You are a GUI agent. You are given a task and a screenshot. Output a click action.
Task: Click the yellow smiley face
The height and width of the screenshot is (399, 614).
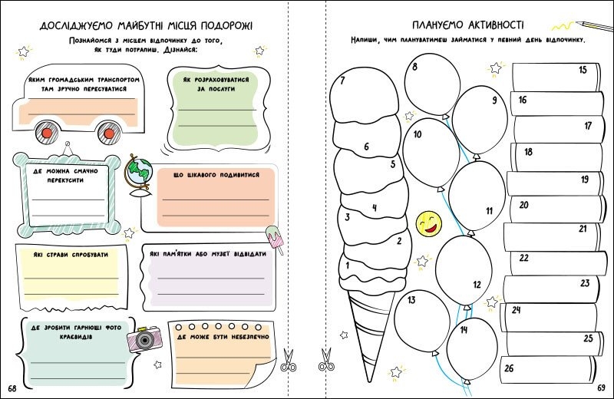pyautogui.click(x=429, y=224)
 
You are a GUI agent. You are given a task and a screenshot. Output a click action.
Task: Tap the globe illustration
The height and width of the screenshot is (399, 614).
pyautogui.click(x=139, y=176)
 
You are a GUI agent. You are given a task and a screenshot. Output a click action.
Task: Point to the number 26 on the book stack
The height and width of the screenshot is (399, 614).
pyautogui.click(x=509, y=368)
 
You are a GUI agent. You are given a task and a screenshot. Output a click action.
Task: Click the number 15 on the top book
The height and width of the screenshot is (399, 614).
pyautogui.click(x=583, y=70)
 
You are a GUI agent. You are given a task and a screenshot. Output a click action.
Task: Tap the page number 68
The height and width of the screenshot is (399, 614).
pyautogui.click(x=12, y=388)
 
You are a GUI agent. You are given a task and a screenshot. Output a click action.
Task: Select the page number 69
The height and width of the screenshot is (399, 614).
pyautogui.click(x=602, y=387)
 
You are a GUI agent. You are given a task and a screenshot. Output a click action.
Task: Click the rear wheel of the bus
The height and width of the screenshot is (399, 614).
pyautogui.click(x=109, y=134)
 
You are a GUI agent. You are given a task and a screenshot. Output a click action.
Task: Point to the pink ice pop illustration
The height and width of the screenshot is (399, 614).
pyautogui.click(x=276, y=239)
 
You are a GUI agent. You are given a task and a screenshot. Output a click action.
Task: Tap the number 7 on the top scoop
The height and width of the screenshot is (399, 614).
pyautogui.click(x=342, y=81)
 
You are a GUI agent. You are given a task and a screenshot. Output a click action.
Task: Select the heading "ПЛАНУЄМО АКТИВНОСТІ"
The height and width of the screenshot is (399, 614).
pyautogui.click(x=467, y=25)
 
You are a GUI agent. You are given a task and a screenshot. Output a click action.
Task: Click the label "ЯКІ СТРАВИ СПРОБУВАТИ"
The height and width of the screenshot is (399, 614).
pyautogui.click(x=71, y=255)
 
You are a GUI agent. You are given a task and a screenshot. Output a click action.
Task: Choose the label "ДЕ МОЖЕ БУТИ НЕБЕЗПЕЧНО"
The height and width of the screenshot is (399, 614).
pyautogui.click(x=223, y=337)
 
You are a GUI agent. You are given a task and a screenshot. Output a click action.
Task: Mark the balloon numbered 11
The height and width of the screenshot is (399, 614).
pyautogui.click(x=477, y=196)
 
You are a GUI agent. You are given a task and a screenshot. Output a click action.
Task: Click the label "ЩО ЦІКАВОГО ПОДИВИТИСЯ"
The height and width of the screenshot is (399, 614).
pyautogui.click(x=216, y=175)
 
